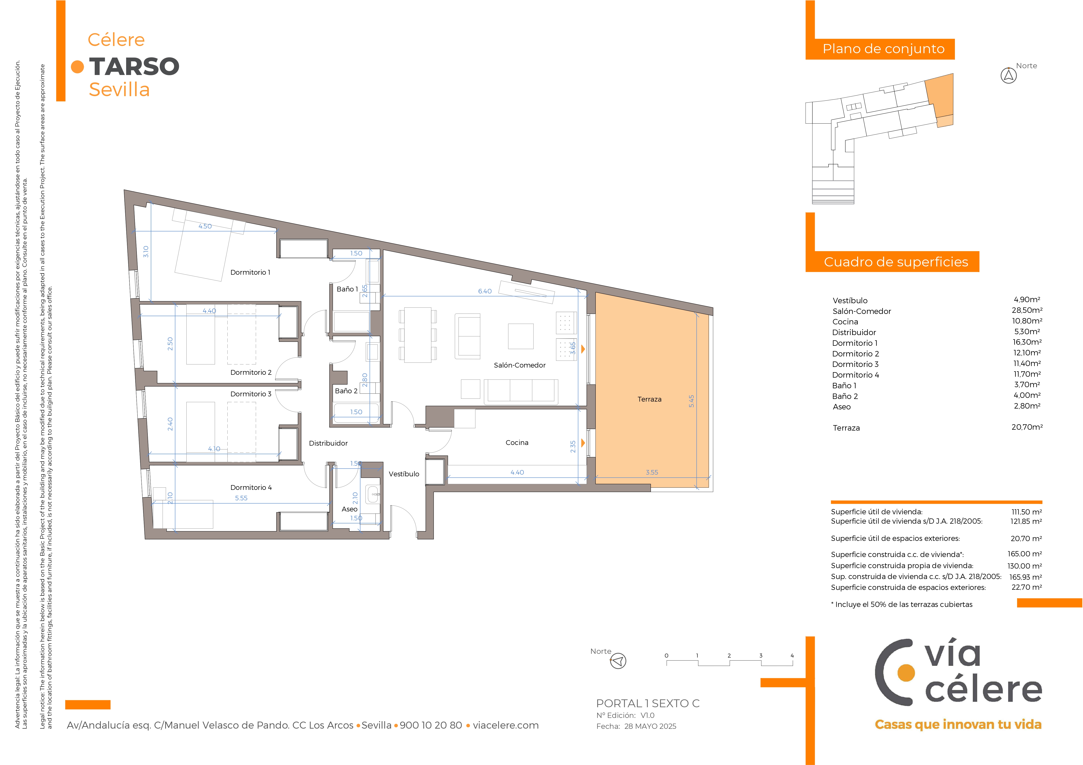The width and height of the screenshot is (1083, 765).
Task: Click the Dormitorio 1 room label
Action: coord(250,273)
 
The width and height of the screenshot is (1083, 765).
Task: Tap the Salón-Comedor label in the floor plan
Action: coord(519,365)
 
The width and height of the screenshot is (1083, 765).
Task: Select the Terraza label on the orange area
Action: coord(650,399)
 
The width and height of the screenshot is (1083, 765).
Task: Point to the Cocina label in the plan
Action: coord(517,443)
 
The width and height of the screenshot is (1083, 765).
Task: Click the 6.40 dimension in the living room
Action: coord(485,291)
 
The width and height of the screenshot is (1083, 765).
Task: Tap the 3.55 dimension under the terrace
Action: coord(652,472)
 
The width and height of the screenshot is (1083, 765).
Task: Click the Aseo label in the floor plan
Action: coord(350,509)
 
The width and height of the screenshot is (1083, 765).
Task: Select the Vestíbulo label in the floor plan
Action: coord(404,474)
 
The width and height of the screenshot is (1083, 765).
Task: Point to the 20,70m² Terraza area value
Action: coord(1027,427)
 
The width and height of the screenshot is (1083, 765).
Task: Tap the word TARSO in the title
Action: coord(134,66)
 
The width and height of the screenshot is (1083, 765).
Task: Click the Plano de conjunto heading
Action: coord(884,49)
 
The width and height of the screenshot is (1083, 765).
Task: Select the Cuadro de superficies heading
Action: coord(896,262)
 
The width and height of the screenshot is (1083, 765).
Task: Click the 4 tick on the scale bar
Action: coord(792,656)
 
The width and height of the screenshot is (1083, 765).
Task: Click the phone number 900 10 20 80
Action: coord(431,725)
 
